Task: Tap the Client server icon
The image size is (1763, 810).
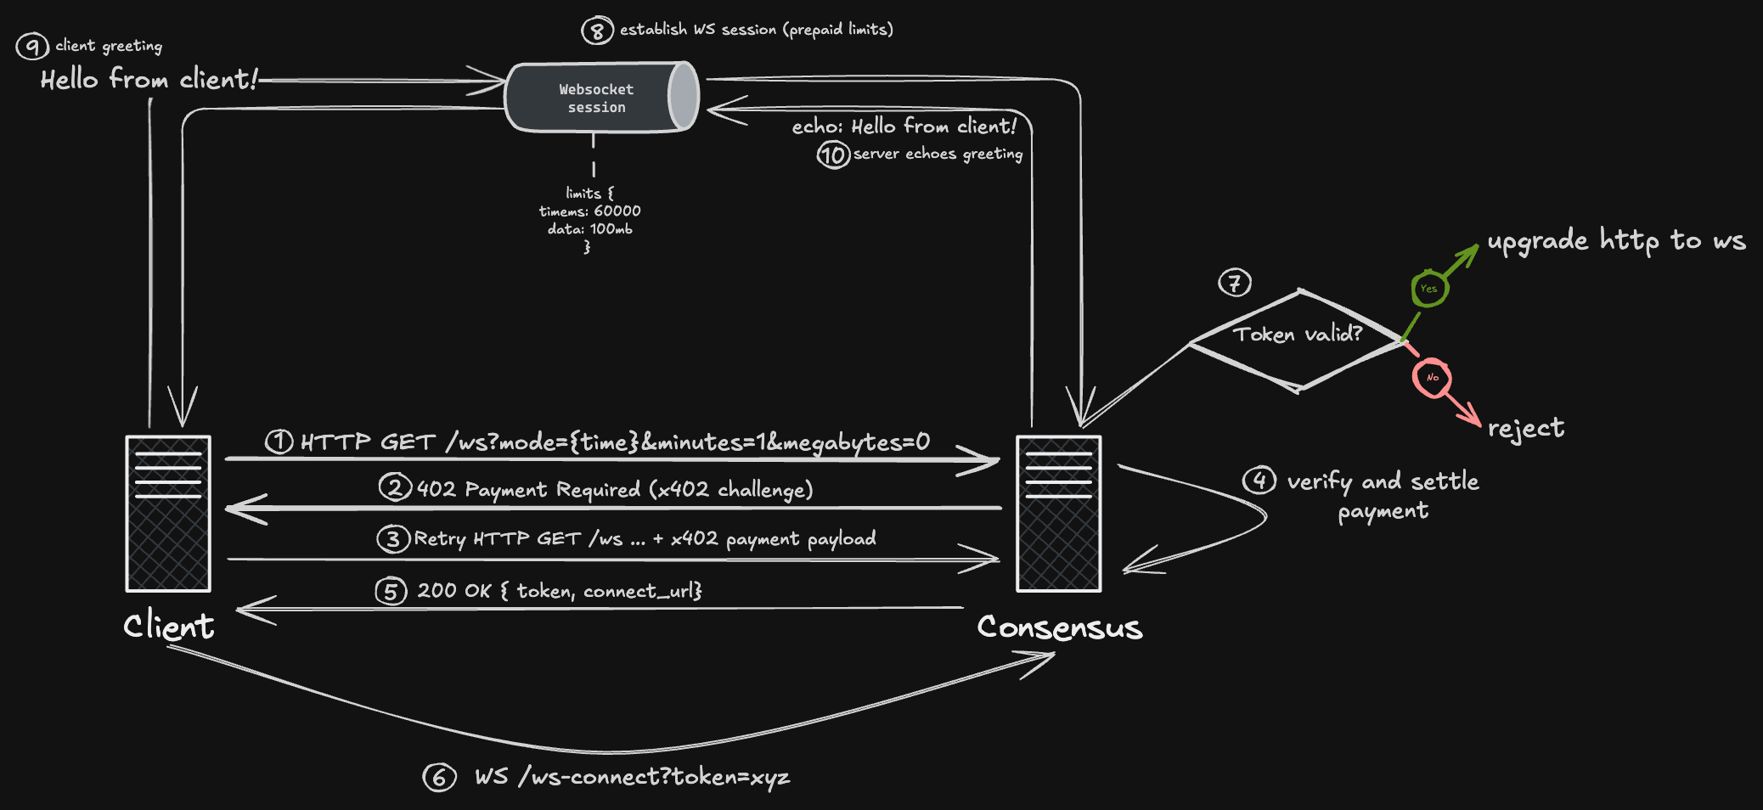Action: tap(168, 514)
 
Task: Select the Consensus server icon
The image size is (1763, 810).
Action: tap(1058, 514)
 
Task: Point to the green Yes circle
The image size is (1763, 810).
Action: tap(1429, 289)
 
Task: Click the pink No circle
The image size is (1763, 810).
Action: tap(1432, 378)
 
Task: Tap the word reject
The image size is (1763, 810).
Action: tap(1525, 428)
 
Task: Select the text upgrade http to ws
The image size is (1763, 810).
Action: tap(1616, 241)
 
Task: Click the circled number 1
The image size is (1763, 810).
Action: tap(279, 442)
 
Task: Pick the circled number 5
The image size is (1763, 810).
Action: tap(391, 591)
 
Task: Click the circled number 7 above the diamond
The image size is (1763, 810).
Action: tap(1234, 283)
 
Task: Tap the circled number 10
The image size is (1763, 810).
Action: tap(833, 155)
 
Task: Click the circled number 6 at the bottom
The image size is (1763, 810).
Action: tap(439, 777)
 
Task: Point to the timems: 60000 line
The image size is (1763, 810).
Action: tap(590, 211)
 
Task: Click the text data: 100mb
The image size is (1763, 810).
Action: tap(590, 229)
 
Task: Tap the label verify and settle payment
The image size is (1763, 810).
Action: tap(1383, 495)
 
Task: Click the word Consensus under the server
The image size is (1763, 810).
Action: tap(1060, 627)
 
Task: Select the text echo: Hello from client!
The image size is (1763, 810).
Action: tap(904, 127)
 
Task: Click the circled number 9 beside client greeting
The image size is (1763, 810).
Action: tap(32, 46)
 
